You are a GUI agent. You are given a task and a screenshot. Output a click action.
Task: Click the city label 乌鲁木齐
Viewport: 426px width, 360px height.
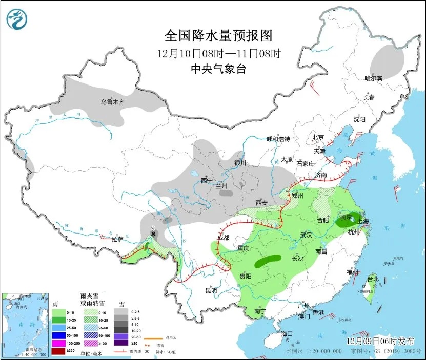112,102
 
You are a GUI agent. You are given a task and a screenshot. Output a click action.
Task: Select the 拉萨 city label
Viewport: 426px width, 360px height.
117,239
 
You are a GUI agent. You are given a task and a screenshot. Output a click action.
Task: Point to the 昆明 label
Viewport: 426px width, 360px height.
211,290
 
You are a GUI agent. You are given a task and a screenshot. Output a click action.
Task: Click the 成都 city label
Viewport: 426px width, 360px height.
223,237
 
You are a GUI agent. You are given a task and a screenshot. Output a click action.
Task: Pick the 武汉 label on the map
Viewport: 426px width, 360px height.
306,235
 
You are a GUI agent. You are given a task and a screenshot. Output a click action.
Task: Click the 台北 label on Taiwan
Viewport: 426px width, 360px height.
373,279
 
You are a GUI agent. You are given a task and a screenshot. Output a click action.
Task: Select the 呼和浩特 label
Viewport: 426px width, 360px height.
278,139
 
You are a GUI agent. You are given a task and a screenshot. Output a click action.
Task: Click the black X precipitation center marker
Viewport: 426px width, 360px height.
153,234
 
